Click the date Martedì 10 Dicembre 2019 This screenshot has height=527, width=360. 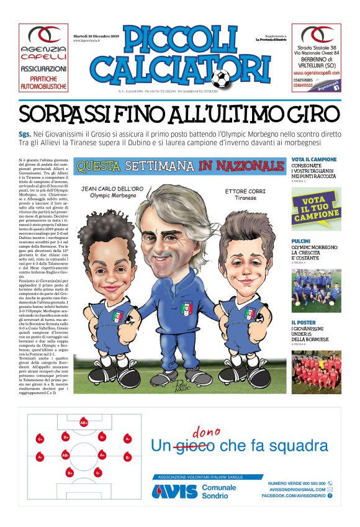(94, 36)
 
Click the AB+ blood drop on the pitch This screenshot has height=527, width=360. (84, 423)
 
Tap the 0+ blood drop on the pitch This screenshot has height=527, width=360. (40, 439)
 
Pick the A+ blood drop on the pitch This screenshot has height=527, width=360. (102, 455)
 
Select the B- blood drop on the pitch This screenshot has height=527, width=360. (128, 456)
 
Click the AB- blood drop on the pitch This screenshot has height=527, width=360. (66, 455)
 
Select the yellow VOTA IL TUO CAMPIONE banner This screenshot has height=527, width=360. (316, 209)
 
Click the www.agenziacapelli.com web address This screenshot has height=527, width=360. (316, 72)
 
